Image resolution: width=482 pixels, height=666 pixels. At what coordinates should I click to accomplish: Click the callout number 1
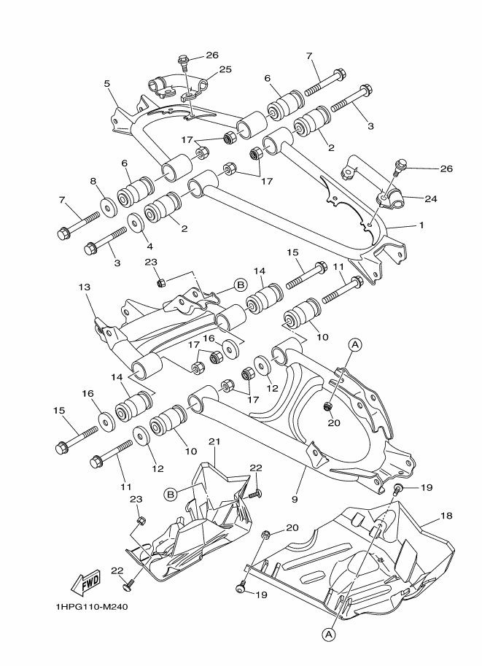click(421, 225)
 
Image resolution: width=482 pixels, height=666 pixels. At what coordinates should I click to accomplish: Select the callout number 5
click(108, 84)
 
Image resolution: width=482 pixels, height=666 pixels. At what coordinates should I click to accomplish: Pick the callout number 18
click(446, 516)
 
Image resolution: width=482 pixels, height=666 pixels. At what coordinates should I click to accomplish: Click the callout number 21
click(214, 442)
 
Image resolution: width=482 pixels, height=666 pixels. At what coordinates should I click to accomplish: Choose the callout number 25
click(225, 69)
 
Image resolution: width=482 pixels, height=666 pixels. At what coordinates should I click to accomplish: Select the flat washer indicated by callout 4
click(136, 220)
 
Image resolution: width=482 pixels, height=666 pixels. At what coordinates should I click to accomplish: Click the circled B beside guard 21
click(171, 494)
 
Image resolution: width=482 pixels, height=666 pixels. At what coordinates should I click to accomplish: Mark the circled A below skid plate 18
click(329, 635)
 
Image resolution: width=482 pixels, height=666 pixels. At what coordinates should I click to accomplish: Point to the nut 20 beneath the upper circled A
click(328, 406)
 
